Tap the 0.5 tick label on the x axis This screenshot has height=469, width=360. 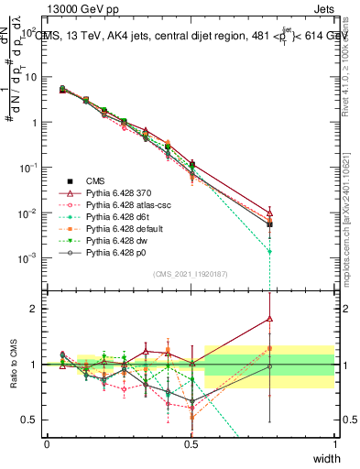click(x=191, y=443)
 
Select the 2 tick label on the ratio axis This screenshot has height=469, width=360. click(x=34, y=309)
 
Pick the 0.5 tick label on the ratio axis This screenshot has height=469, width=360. click(x=30, y=420)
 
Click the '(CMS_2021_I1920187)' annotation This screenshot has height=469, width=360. click(x=191, y=274)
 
